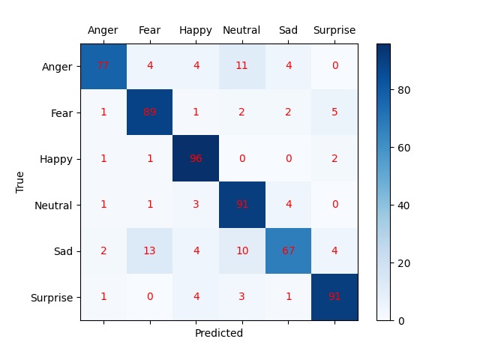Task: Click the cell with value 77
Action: [x=103, y=66]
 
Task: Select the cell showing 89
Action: [x=149, y=112]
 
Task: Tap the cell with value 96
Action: [x=196, y=158]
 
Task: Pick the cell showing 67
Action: [x=288, y=251]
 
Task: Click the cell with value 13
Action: [x=149, y=251]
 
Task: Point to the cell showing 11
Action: [x=241, y=66]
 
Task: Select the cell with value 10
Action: [x=241, y=251]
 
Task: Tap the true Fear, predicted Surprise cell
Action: [x=334, y=112]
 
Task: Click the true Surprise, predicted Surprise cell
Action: [x=334, y=297]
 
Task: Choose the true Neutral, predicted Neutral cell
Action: [x=241, y=205]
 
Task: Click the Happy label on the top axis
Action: [x=195, y=31]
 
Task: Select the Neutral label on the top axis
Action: [x=241, y=31]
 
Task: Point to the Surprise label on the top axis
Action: [x=334, y=31]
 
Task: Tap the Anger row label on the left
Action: [x=58, y=66]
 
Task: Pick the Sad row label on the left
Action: [x=64, y=251]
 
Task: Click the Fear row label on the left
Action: [x=61, y=112]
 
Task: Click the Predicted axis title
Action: [x=219, y=333]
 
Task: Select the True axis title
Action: [x=21, y=181]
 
